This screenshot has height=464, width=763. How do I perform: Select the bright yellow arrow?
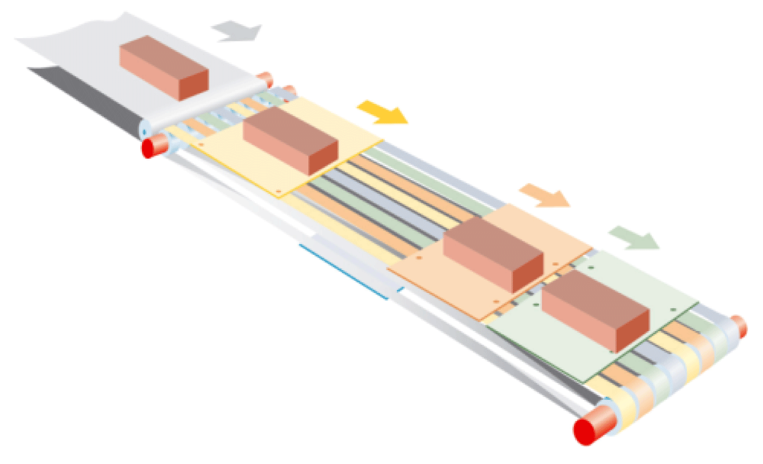coord(383,112)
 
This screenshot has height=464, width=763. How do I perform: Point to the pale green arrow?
coord(634,237)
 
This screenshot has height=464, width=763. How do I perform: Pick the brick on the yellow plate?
coord(290,140)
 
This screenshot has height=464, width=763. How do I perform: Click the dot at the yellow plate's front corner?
coord(279,191)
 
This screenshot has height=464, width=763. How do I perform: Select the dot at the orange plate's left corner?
coord(419,258)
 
